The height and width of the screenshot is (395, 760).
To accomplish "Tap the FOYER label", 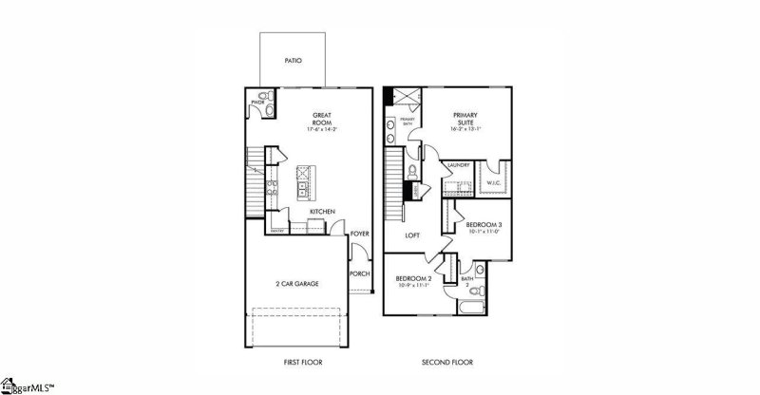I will tap(359, 233).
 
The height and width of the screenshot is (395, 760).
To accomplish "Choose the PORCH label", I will tap(359, 273).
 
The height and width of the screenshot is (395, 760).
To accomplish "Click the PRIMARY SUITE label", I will tap(465, 118).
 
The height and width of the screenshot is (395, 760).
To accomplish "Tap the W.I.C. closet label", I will tap(493, 182).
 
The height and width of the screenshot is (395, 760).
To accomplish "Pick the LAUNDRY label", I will tap(459, 163).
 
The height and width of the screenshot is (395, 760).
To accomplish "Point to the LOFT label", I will tap(412, 235).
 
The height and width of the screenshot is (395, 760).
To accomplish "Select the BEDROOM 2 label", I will tap(413, 277).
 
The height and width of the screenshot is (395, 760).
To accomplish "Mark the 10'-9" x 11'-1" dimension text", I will tap(413, 285).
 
